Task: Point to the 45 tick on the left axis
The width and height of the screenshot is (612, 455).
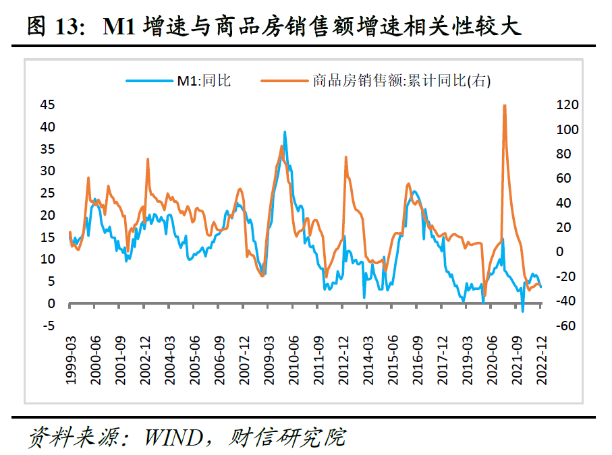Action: click(x=47, y=104)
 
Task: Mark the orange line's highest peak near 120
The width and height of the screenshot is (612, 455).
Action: click(x=505, y=106)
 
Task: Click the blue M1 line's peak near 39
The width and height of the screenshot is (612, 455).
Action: click(x=285, y=132)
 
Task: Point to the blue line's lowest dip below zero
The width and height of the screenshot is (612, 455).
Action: click(x=522, y=311)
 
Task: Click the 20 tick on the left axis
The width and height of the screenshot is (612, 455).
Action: click(x=47, y=215)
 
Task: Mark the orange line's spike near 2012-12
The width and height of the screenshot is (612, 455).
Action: click(x=345, y=157)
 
